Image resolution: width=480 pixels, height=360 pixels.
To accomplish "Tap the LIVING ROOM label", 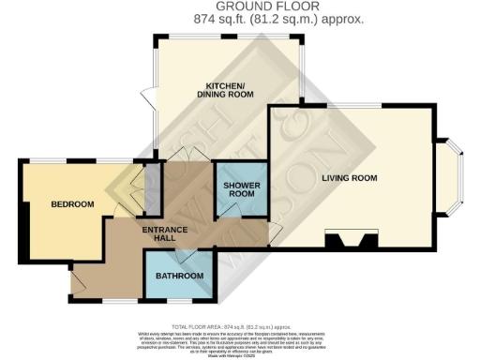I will click(350, 177).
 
